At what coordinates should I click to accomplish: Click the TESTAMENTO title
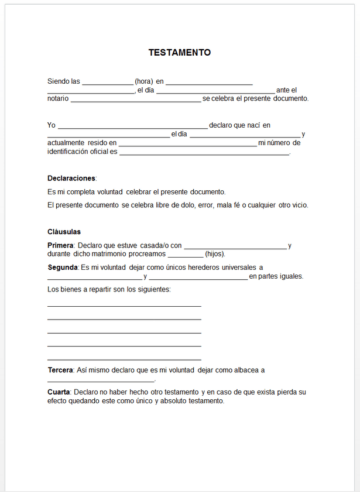179,53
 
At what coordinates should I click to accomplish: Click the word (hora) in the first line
144,81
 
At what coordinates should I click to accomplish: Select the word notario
57,98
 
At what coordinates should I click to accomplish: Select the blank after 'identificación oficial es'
204,152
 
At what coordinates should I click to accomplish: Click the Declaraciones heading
71,178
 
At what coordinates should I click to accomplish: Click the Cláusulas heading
64,232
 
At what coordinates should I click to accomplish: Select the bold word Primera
60,245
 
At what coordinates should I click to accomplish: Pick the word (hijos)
214,254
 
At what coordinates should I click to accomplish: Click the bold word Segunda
62,268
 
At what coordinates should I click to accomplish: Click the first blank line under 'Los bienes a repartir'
124,305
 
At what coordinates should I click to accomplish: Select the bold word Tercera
60,370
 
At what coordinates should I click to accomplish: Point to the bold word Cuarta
59,392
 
